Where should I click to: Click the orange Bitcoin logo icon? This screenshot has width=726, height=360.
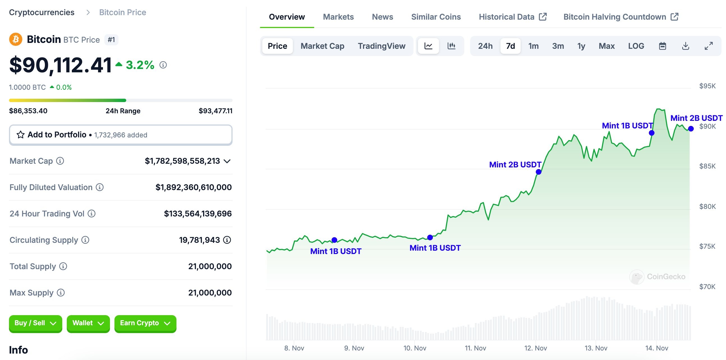pos(16,40)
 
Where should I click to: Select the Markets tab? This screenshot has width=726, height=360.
pos(338,17)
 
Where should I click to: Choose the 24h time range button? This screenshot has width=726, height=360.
pos(485,46)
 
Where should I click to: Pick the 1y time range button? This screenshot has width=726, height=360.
pos(581,46)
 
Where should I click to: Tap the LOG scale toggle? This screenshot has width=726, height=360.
pos(636,46)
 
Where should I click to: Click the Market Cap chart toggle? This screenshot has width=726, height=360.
pos(322,46)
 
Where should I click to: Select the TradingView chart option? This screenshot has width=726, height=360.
pos(381,46)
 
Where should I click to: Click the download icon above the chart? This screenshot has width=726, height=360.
pos(685,46)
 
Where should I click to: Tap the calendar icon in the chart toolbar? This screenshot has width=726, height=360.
pos(662,46)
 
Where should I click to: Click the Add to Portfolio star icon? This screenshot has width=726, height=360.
pos(20,135)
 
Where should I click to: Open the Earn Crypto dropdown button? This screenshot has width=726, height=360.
pos(145,323)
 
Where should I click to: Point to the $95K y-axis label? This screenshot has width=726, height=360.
pos(707,86)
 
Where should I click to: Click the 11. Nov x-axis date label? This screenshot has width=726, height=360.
pos(475,348)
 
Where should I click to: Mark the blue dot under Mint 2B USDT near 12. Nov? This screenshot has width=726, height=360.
pos(538,172)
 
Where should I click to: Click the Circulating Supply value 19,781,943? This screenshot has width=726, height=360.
pos(199,240)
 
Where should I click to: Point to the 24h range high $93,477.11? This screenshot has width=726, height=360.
pos(215,111)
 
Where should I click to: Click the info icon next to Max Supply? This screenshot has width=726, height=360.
pos(61,293)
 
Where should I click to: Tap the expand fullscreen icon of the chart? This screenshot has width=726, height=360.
pos(709,46)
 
